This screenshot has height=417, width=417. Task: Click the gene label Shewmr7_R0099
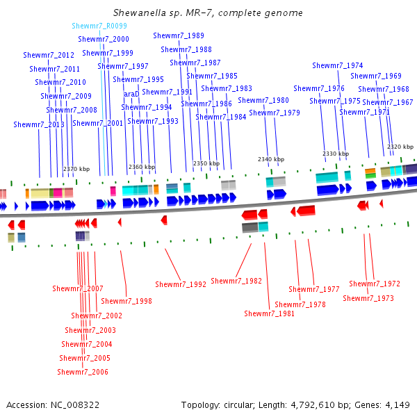point(99,26)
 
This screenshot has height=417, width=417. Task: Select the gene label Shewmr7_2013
point(38,124)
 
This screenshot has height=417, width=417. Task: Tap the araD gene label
point(131,94)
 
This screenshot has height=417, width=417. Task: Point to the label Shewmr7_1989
point(179,35)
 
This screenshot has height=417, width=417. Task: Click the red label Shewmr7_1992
point(181,284)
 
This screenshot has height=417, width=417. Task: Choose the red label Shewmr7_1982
point(236,281)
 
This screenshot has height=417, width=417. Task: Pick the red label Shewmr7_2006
point(83,372)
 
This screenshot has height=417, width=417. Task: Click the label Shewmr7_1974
point(338,65)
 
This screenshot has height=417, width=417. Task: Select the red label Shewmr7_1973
point(368,298)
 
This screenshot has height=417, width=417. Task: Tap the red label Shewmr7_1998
point(126,301)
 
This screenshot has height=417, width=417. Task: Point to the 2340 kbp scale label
point(271,159)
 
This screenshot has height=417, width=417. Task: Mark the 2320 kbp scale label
point(400,147)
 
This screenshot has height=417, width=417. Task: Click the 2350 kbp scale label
point(206,163)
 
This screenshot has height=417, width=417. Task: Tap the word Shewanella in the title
point(141,13)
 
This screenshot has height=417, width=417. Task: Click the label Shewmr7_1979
point(275,113)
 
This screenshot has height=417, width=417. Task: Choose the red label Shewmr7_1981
point(269,313)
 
